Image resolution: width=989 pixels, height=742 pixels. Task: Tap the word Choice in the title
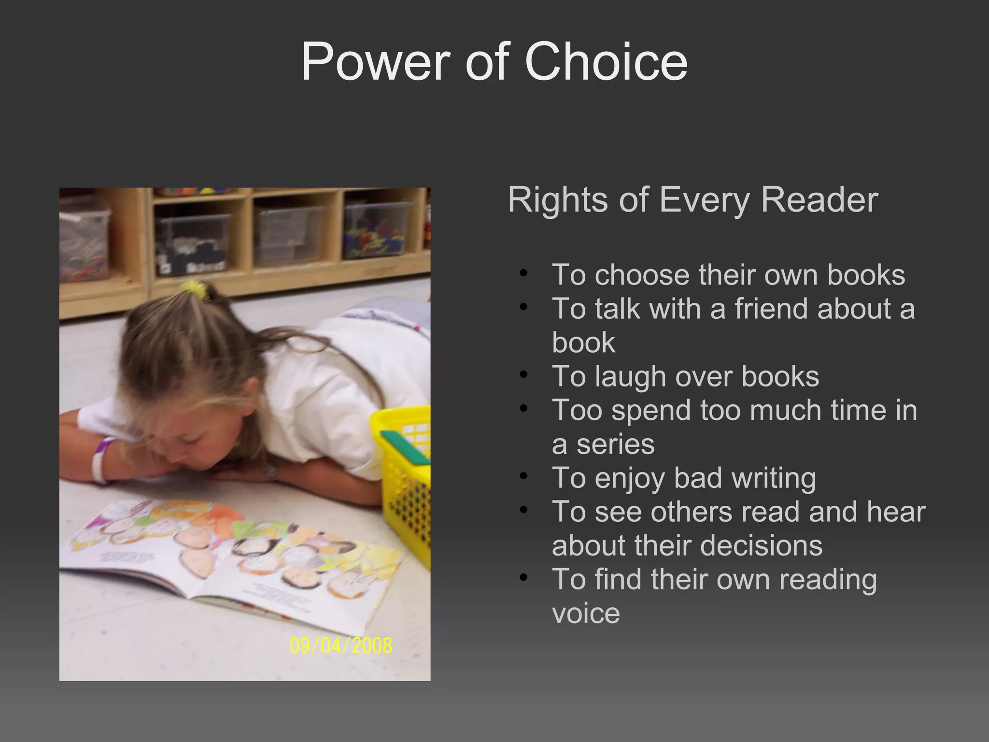tap(606, 62)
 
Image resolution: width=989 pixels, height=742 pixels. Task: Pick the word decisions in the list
tap(761, 546)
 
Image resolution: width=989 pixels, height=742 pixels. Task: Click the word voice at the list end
tap(586, 614)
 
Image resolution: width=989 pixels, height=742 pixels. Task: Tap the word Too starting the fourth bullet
tap(577, 411)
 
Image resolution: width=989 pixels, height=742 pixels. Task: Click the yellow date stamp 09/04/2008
tap(341, 645)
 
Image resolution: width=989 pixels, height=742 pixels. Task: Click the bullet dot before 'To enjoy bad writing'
tap(523, 477)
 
